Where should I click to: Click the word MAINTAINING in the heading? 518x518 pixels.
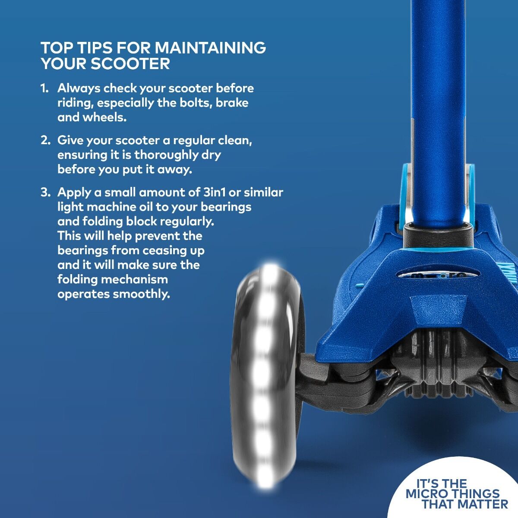coord(211,47)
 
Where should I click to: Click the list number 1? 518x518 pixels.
coord(44,88)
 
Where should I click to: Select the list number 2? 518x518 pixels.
coord(45,140)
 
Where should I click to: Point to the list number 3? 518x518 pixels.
coord(45,193)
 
